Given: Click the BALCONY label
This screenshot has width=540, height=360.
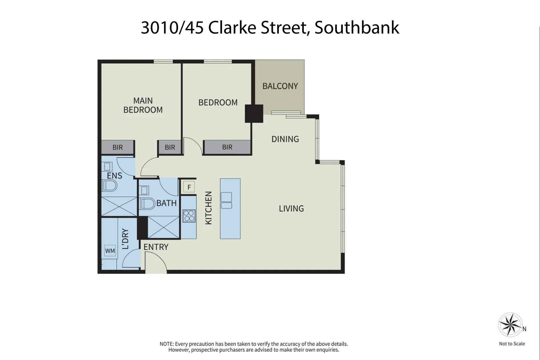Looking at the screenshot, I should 280,86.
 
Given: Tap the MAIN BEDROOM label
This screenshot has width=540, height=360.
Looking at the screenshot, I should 143,105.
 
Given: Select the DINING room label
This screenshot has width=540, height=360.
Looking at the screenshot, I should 285,139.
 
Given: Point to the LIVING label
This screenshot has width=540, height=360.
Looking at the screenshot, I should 291,209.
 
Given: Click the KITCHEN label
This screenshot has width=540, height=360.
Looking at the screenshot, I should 208,208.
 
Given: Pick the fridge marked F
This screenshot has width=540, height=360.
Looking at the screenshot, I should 189,187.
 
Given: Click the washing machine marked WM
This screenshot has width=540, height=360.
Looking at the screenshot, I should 110,251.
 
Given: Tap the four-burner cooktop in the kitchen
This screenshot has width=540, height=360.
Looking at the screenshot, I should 189,216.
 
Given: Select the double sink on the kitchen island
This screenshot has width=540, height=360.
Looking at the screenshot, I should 226,200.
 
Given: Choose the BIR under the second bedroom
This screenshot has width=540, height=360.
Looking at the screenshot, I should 227,147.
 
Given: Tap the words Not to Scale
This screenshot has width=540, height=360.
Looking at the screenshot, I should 512,344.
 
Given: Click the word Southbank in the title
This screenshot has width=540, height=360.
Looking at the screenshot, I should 357,28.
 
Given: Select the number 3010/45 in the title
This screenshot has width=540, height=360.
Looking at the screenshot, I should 172,28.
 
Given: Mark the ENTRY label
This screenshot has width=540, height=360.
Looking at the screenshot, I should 156,247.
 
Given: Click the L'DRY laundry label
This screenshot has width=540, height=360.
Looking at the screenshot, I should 125,239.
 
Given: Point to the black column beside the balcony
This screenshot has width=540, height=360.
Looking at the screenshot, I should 254,114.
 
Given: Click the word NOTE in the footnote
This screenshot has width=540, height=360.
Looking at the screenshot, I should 166,344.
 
